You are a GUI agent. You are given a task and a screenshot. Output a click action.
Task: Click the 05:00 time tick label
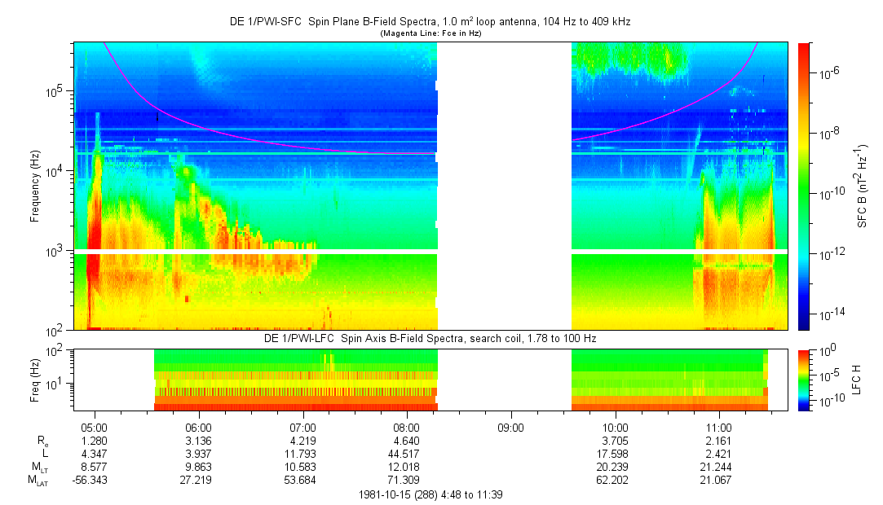[95, 427]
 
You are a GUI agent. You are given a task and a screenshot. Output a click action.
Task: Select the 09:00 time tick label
[510, 427]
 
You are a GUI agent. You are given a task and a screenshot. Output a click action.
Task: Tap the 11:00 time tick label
[718, 427]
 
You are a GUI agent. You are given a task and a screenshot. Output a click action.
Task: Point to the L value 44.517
[407, 454]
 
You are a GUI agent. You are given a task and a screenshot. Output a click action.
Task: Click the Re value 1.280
[95, 441]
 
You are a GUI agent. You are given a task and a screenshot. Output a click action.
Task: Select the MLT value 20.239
[615, 467]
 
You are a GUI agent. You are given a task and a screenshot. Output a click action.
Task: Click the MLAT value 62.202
[615, 480]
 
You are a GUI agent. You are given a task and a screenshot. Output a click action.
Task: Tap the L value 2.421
[718, 454]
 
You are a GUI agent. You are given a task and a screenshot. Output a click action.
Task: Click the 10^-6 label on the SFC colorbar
[828, 72]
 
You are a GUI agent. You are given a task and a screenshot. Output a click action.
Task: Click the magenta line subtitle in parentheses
[430, 33]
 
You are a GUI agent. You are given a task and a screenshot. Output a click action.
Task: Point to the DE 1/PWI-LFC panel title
[430, 338]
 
